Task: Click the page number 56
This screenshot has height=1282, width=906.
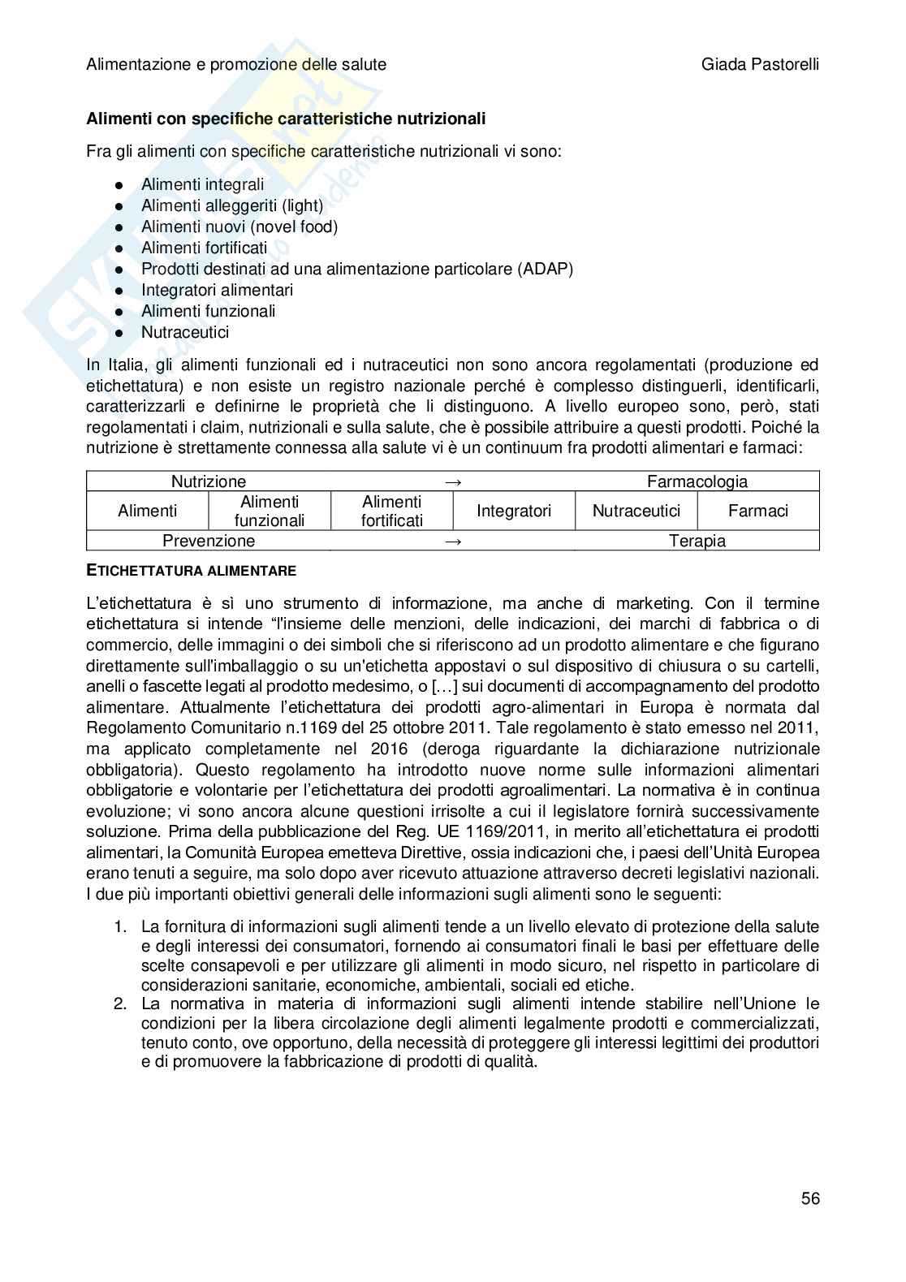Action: click(x=809, y=1198)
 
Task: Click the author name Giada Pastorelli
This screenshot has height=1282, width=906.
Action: click(x=760, y=64)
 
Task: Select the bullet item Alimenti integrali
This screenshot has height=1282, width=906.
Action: click(x=202, y=184)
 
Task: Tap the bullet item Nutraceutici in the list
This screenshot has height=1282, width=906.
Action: click(x=185, y=332)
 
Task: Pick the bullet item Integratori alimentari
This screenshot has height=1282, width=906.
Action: click(x=217, y=290)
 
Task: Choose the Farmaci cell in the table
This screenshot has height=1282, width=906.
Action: click(x=757, y=511)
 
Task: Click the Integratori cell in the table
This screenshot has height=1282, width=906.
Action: click(x=513, y=511)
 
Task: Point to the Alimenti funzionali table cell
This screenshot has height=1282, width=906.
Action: click(x=270, y=512)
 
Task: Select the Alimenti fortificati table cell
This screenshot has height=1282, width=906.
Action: click(x=391, y=512)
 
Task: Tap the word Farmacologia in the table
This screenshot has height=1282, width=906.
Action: click(x=697, y=481)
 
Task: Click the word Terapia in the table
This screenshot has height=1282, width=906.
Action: click(x=697, y=541)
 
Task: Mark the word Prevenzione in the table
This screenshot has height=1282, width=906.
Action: click(x=209, y=541)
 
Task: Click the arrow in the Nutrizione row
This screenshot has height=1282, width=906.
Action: click(x=454, y=481)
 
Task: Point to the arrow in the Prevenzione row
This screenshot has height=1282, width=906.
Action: click(x=454, y=542)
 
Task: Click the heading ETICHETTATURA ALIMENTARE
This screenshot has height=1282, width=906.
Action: click(x=191, y=571)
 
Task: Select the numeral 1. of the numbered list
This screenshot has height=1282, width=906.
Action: click(x=120, y=926)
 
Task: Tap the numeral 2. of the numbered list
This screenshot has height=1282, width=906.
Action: click(x=120, y=1004)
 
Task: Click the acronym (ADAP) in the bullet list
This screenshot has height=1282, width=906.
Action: click(x=545, y=269)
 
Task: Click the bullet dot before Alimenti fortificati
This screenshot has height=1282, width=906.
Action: click(x=119, y=248)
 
